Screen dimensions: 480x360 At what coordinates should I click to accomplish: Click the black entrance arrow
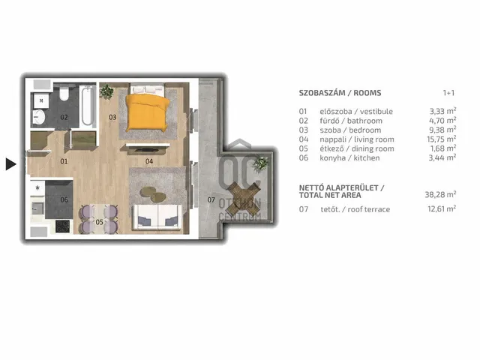point(10,164)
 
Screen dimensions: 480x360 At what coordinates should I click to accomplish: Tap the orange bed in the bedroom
point(148,112)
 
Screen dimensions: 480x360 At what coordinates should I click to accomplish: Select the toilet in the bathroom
point(64,93)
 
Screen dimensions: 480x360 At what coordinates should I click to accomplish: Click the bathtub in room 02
point(87,106)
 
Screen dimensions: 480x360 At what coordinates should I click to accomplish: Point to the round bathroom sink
point(39,117)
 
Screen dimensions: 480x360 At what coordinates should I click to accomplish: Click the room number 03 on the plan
point(112,117)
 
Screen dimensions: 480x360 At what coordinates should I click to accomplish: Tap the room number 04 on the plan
point(149,161)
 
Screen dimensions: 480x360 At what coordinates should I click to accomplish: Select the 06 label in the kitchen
point(64,200)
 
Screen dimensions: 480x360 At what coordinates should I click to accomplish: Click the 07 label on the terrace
point(211,200)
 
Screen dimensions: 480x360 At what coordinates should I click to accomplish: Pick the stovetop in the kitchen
point(62,226)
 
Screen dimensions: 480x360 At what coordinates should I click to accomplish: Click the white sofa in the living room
point(157,217)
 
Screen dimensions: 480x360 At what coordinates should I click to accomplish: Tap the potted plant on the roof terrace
point(260,163)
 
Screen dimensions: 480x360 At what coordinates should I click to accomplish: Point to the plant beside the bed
point(106,91)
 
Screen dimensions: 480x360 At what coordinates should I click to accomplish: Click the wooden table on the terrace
point(244,198)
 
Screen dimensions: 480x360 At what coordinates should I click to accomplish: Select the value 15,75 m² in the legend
point(442,139)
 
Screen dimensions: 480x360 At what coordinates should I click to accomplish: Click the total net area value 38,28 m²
point(440,194)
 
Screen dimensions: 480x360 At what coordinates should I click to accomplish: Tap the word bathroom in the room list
point(364,121)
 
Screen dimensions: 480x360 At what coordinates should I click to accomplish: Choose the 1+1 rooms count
point(448,93)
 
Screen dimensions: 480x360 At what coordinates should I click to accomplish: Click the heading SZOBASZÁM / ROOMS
point(340,93)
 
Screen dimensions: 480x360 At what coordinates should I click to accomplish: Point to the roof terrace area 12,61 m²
point(442,208)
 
